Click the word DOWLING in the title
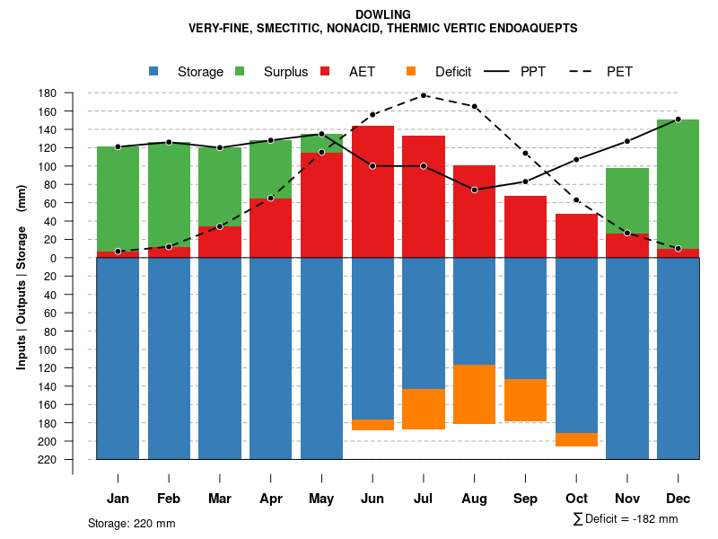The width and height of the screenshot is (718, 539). coord(382,14)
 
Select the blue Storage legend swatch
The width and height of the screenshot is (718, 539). coord(153,71)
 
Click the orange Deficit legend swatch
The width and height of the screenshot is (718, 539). coord(411,71)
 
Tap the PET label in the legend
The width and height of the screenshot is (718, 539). coord(619,72)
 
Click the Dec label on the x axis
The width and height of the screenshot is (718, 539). coord(678,499)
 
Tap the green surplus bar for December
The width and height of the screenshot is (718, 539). coord(678,184)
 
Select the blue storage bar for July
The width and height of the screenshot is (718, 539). coord(424,323)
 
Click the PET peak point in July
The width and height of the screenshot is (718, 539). coord(424,95)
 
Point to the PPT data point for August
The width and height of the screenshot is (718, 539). coord(474,190)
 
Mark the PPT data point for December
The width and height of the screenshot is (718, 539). coord(678,119)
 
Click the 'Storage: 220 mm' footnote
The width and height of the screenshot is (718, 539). coord(131,523)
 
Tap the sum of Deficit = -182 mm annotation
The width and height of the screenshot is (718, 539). coord(625,519)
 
